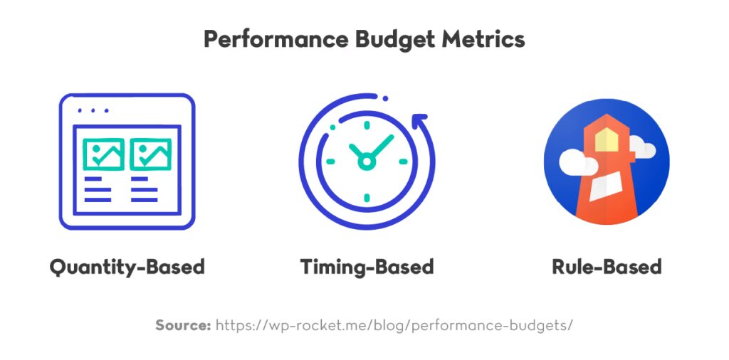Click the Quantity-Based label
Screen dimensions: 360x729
[x=127, y=267]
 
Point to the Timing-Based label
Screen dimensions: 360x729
[x=366, y=267]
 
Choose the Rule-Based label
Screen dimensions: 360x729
[x=606, y=267]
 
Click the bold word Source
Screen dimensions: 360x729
[x=183, y=325]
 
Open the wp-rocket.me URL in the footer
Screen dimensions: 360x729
[x=394, y=325]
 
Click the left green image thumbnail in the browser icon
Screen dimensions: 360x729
[x=103, y=154]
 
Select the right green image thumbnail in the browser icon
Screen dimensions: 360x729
[x=150, y=154]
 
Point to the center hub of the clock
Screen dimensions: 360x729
[x=366, y=162]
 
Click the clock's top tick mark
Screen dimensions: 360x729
[x=366, y=126]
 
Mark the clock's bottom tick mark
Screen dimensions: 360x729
[x=366, y=197]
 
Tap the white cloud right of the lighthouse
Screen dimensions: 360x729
[x=642, y=149]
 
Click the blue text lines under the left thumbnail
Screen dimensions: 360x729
[x=98, y=190]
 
